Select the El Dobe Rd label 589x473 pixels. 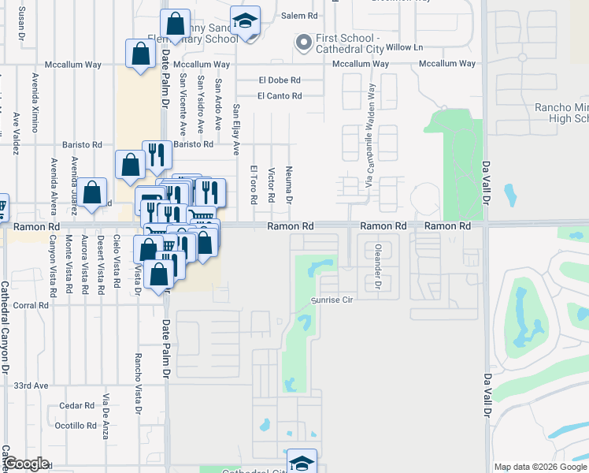(280, 80)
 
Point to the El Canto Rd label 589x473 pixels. (280, 96)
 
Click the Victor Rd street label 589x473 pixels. (272, 184)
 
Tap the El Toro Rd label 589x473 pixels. (254, 184)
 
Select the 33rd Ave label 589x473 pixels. (31, 385)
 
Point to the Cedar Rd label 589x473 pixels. (77, 406)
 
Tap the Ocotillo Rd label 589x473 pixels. (76, 426)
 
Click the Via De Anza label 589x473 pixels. (106, 415)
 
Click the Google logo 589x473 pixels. (27, 464)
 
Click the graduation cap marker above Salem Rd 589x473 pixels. (246, 23)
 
